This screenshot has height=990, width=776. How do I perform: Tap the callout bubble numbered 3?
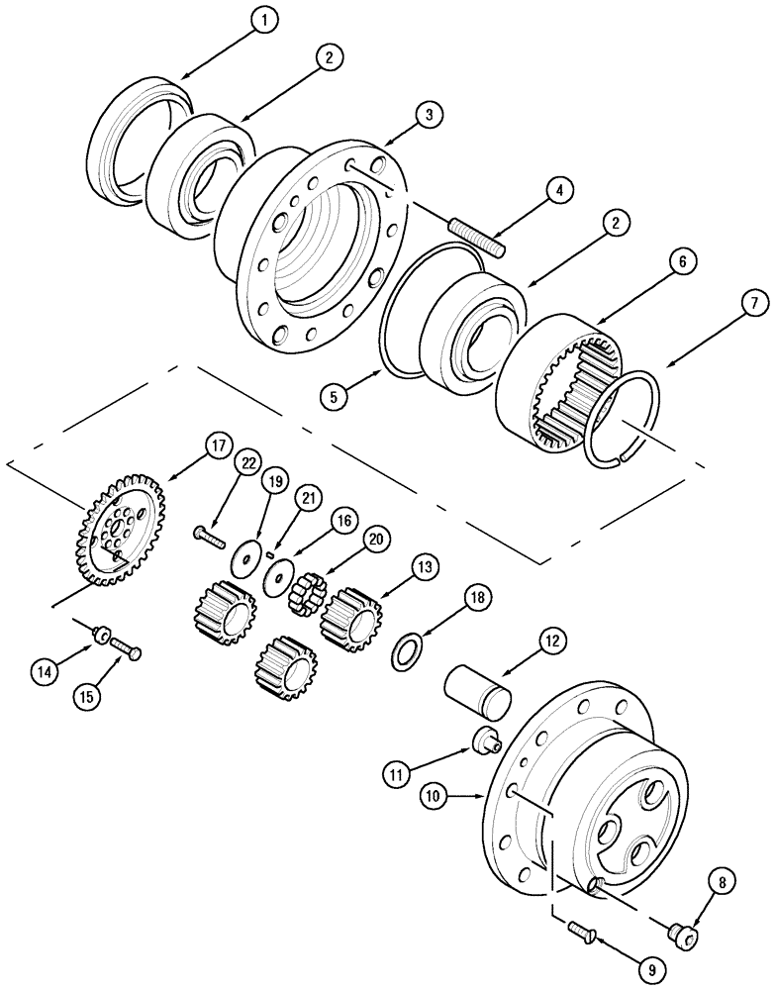[x=428, y=117]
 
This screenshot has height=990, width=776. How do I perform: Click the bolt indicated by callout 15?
[x=127, y=648]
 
